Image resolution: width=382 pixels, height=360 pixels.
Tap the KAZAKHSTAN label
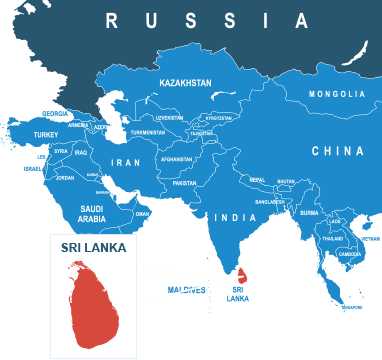[185, 83]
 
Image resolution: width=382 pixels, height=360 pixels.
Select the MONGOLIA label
[336, 94]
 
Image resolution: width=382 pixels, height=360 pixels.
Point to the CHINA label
[337, 151]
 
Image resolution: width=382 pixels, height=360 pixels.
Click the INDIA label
[236, 217]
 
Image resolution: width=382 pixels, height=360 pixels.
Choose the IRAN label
[125, 162]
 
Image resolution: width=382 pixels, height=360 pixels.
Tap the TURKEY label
[46, 134]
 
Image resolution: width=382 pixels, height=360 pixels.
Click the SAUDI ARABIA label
[92, 213]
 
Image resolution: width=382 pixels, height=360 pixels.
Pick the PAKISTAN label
[184, 183]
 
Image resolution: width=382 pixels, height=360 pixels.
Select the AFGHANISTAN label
[176, 159]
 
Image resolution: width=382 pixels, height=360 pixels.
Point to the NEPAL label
[257, 180]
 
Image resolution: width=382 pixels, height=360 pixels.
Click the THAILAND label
[333, 238]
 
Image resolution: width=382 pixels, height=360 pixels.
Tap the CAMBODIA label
[350, 254]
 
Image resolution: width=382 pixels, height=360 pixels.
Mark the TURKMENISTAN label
[148, 132]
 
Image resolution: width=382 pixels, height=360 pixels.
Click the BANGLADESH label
[269, 202]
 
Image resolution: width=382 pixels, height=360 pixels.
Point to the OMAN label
[142, 213]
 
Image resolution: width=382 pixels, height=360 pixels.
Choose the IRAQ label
[82, 152]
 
